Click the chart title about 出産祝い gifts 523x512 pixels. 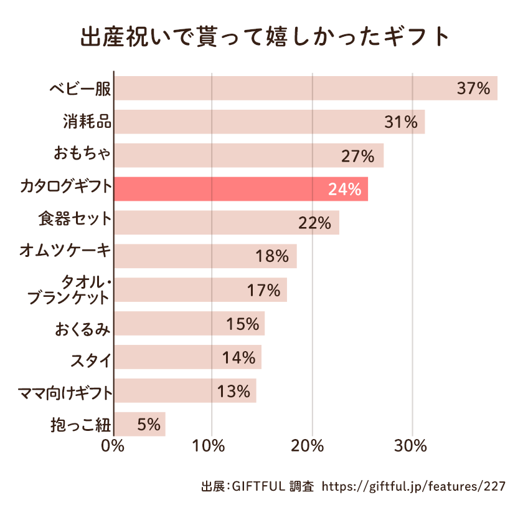[265, 37]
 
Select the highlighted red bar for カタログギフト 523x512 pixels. [240, 189]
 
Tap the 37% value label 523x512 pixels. [473, 89]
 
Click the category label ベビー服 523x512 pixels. [80, 89]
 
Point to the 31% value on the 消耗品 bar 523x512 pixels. [400, 122]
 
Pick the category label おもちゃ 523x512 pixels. [82, 155]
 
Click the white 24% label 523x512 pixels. [344, 190]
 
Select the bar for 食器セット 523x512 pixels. [227, 223]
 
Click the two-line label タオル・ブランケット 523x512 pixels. [70, 290]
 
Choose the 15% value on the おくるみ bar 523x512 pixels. [242, 324]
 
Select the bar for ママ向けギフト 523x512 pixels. [185, 391]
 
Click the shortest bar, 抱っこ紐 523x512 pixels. [139, 424]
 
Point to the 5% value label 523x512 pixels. [149, 425]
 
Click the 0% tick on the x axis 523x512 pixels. [113, 447]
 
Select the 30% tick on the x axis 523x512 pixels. [410, 447]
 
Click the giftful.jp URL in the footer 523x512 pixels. [414, 486]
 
